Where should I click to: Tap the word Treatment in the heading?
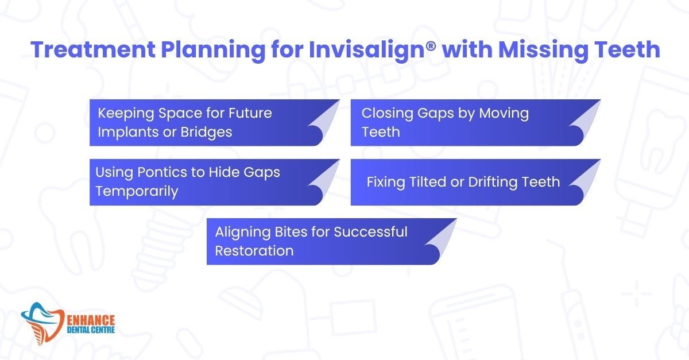click(93, 49)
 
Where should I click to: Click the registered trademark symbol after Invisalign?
click(431, 46)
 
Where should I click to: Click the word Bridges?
click(206, 133)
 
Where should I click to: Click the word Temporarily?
click(137, 192)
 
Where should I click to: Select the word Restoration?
click(254, 251)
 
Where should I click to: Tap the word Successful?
click(371, 232)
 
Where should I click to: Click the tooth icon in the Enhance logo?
click(42, 324)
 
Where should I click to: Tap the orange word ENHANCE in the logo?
click(91, 320)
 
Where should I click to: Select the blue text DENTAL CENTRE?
click(91, 330)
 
